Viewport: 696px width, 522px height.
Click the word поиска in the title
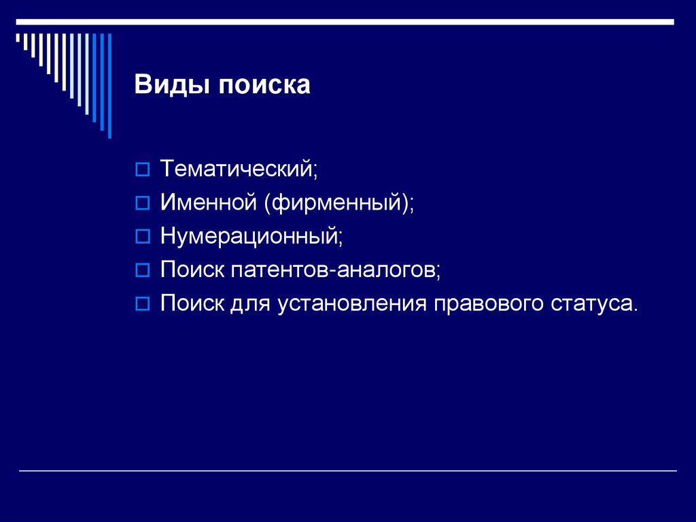click(264, 86)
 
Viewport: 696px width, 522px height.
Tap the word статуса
click(593, 303)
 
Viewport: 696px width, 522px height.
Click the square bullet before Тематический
click(142, 169)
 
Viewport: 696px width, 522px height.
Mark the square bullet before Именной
click(142, 203)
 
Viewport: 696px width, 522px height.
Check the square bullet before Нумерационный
click(142, 237)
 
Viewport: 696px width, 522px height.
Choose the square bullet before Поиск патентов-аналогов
click(142, 270)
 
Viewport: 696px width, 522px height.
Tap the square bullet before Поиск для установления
click(142, 304)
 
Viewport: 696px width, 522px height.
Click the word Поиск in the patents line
click(192, 270)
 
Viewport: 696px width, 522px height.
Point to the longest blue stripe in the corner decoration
click(109, 85)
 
